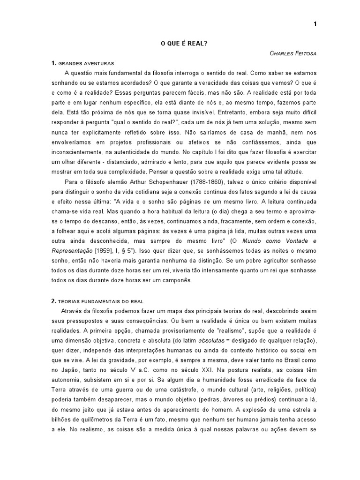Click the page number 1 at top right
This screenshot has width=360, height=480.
[315, 25]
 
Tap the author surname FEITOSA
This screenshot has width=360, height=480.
[304, 53]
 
